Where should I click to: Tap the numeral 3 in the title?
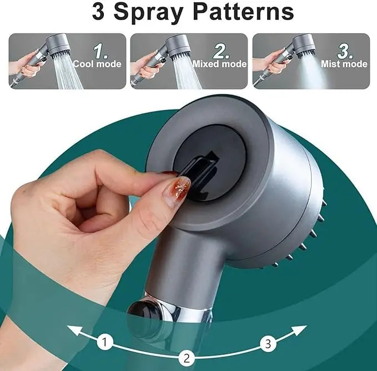(x=98, y=12)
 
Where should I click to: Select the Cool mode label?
(x=97, y=64)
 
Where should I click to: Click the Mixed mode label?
(x=219, y=64)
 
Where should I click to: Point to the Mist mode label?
(x=344, y=64)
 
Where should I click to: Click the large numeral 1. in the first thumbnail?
(x=100, y=52)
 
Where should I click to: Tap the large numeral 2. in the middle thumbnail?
(x=222, y=52)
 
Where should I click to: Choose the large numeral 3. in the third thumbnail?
(x=345, y=52)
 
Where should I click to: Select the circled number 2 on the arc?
(x=187, y=357)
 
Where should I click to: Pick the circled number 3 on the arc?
(x=268, y=344)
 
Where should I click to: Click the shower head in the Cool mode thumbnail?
(x=58, y=44)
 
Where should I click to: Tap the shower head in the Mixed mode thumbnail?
(x=179, y=44)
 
